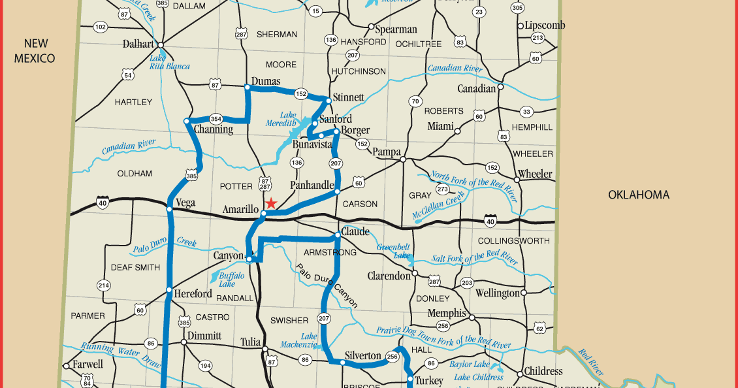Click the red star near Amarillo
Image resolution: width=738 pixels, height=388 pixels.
[x=271, y=203]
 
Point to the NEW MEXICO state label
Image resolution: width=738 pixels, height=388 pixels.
[x=39, y=51]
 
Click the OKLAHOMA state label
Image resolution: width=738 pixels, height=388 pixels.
[x=638, y=195]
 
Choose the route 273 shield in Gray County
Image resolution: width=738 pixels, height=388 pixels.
[x=442, y=189]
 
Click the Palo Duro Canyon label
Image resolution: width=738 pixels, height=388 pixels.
[x=327, y=285]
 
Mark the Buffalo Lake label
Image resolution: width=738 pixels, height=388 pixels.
[x=231, y=280]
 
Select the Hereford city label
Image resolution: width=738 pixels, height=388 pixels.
[x=193, y=294]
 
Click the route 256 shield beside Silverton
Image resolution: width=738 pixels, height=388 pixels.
[x=392, y=356]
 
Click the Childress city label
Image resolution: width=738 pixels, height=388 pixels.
[x=543, y=371]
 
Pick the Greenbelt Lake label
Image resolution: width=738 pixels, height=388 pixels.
[x=394, y=251]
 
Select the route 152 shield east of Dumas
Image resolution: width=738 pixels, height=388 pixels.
[x=300, y=93]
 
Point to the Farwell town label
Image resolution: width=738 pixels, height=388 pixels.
[x=88, y=364]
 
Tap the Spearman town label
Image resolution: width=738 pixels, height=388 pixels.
[x=396, y=29]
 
